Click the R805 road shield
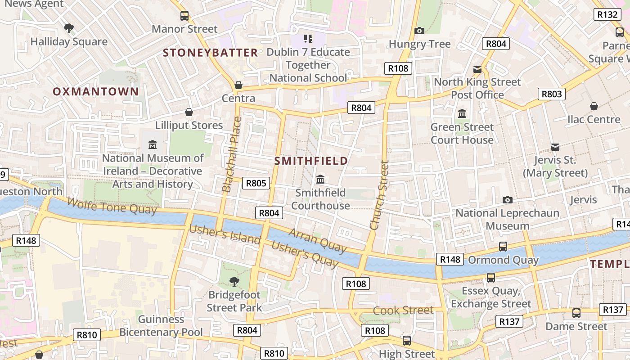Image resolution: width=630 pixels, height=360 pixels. (x=256, y=183)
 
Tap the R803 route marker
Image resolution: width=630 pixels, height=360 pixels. (x=552, y=94)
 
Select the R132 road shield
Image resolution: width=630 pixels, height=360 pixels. (x=607, y=14)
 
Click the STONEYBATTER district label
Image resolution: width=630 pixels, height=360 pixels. (x=210, y=53)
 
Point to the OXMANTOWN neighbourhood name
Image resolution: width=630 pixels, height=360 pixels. (x=96, y=92)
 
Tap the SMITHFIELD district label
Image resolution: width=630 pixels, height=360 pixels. (x=311, y=161)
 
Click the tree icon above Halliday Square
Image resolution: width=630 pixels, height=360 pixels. (x=69, y=29)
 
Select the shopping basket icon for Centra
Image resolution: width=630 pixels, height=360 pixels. (x=238, y=85)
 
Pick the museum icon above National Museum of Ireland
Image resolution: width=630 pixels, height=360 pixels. (x=153, y=145)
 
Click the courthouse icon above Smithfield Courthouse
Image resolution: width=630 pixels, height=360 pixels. (x=320, y=180)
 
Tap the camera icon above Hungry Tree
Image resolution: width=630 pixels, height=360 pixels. (x=419, y=31)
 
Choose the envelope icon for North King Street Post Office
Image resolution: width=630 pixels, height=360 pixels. (x=477, y=69)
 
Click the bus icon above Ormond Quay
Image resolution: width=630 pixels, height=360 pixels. (x=503, y=247)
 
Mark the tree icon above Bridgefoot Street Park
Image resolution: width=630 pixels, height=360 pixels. (x=234, y=282)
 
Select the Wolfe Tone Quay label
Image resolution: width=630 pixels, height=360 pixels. (x=112, y=207)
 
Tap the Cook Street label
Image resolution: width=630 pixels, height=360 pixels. (x=403, y=310)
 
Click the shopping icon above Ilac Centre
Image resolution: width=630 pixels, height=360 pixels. (x=594, y=106)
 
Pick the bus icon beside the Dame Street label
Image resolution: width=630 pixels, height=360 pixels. (x=576, y=313)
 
